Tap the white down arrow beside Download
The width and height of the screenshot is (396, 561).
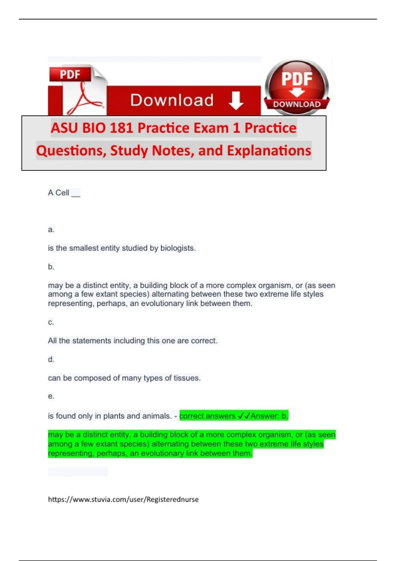tap(236, 101)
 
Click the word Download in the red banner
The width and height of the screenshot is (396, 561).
tap(172, 100)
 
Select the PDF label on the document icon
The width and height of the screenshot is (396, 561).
tap(70, 74)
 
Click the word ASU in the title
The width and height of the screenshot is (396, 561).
tap(64, 128)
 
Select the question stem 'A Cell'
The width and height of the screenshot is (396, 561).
tap(59, 193)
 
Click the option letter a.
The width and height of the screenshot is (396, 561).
tap(51, 229)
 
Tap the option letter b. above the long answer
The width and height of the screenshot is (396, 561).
tap(51, 267)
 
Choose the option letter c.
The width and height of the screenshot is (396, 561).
tap(51, 322)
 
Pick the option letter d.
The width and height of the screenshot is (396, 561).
tap(51, 359)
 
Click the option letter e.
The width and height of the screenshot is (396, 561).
tap(51, 396)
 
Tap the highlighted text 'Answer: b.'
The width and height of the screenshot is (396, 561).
tap(269, 416)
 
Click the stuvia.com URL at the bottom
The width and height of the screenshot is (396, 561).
tap(123, 499)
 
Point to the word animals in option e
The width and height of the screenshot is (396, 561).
tap(158, 416)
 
